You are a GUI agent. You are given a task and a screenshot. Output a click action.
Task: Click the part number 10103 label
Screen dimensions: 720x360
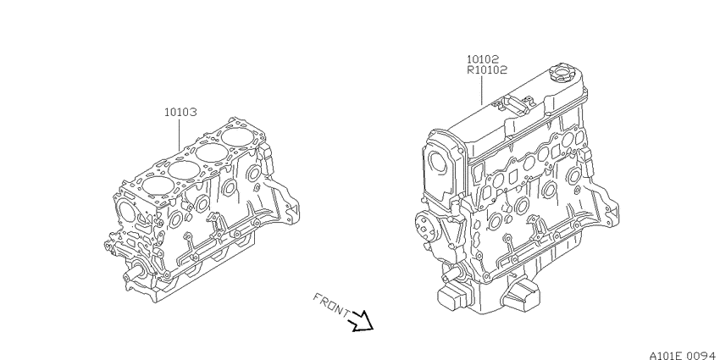[x=181, y=112]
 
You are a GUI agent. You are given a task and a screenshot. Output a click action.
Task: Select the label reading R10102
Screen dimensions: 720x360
[x=487, y=70]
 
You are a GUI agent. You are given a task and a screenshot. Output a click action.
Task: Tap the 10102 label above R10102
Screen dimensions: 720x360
[x=483, y=59]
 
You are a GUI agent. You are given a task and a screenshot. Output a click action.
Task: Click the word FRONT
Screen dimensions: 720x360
[x=331, y=305]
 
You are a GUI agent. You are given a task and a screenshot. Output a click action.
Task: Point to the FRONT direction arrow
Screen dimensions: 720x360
[x=363, y=321]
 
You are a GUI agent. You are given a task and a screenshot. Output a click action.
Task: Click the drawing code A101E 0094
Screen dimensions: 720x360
[x=684, y=355]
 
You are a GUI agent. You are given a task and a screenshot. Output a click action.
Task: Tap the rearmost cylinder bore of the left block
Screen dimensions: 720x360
[x=237, y=137]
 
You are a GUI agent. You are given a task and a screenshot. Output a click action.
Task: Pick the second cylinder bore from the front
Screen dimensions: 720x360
[x=184, y=170]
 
